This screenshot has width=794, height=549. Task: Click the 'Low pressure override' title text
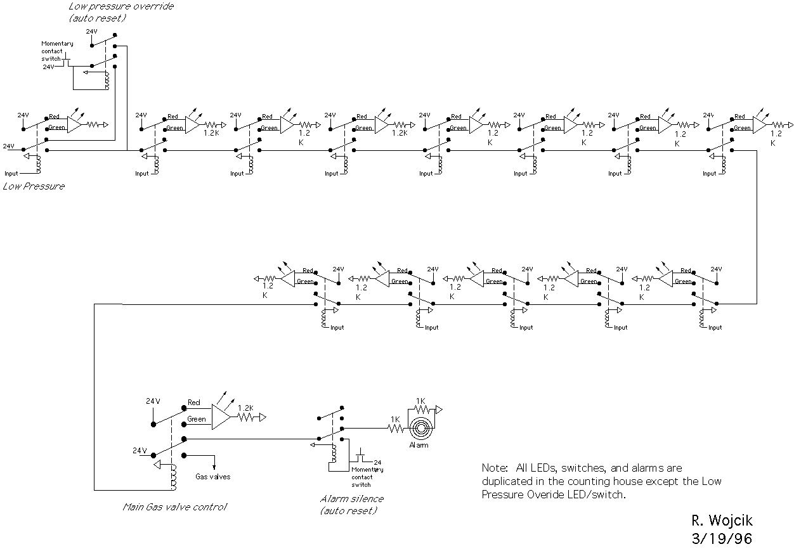point(121,6)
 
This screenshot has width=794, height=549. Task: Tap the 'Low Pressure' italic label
point(34,186)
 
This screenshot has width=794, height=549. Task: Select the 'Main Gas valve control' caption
point(174,507)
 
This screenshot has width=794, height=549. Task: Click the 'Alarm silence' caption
point(352,499)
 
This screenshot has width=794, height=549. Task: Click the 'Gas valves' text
point(212,477)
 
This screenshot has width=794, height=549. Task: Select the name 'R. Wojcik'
point(722,522)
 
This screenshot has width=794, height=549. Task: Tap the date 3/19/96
point(722,538)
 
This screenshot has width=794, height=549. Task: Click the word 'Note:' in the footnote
point(495,468)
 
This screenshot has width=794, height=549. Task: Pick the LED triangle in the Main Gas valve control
point(221,418)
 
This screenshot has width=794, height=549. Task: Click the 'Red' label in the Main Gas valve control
point(194,403)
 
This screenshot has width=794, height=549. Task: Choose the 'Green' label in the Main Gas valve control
point(196,419)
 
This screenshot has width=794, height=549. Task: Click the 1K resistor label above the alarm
point(420,401)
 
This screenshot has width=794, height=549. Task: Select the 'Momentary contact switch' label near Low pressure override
point(57,51)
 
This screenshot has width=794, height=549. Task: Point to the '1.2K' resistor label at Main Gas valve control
point(245,408)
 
